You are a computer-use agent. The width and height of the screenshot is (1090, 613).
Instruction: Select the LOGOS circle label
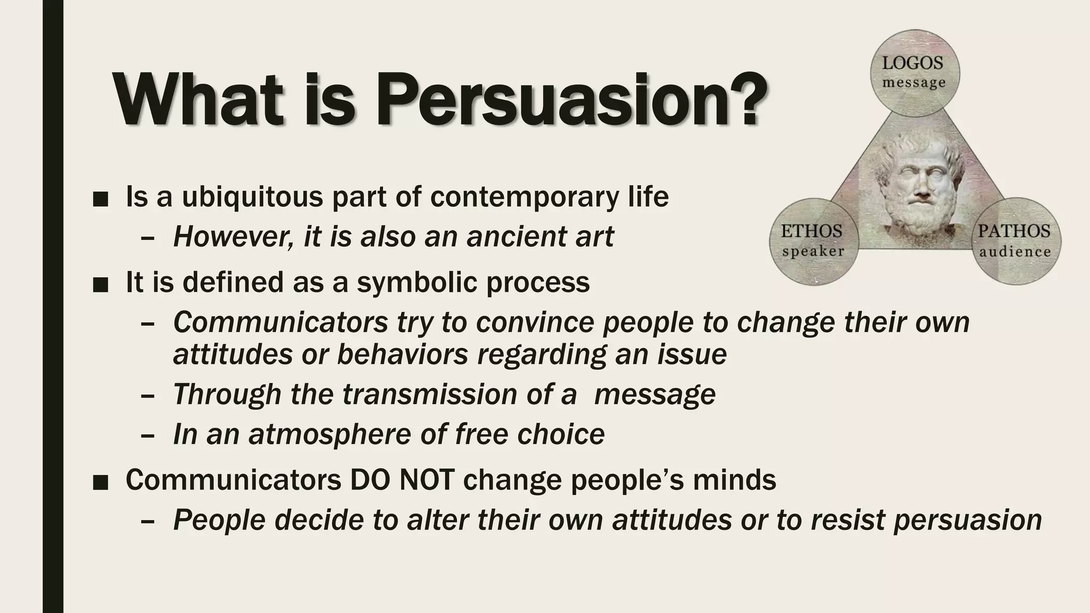(x=913, y=63)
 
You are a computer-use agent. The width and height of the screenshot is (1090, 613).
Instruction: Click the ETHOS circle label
(x=812, y=231)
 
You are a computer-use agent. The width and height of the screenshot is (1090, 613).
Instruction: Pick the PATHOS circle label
(x=1014, y=231)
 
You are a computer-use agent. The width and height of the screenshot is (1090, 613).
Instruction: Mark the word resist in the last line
(x=848, y=520)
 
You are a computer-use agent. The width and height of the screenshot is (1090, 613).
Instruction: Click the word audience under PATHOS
(x=1015, y=251)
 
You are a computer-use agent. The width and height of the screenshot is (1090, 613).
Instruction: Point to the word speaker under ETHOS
(x=813, y=251)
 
